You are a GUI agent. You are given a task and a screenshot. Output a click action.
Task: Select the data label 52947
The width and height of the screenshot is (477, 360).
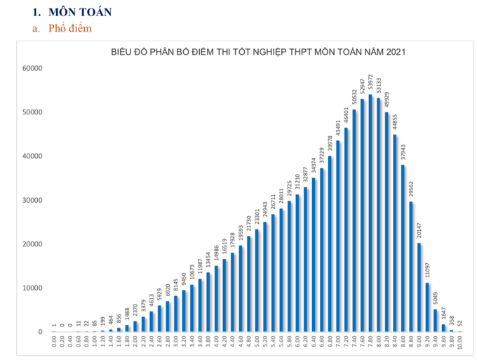pos(363,87)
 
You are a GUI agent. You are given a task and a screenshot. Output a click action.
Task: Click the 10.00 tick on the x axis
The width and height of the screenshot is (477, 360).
pos(460,344)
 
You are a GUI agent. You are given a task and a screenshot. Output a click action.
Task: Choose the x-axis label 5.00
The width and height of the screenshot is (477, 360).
pos(257,344)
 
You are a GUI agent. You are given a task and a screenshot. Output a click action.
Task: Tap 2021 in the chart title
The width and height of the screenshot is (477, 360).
pos(394,52)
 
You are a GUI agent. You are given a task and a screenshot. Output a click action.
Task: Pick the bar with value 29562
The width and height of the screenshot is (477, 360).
pos(411,267)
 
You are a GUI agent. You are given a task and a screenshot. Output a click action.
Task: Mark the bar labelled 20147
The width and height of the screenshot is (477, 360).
pos(419,287)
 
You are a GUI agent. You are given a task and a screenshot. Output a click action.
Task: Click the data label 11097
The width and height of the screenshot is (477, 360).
pos(428,269)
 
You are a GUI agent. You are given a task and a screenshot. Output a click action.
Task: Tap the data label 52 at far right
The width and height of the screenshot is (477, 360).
pos(460,324)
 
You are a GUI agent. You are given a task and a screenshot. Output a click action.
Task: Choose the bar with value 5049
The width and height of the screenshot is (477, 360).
pos(436,321)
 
